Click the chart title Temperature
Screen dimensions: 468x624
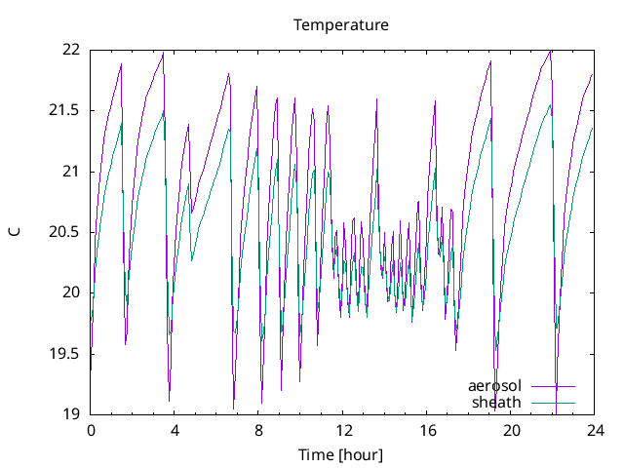pos(341,25)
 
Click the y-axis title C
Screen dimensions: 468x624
pos(15,231)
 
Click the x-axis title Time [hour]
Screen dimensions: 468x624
pos(341,454)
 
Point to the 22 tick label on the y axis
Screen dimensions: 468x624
pos(71,50)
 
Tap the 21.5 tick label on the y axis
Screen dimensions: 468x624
pos(65,110)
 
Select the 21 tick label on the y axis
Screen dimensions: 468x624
pos(71,172)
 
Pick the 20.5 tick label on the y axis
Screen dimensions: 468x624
pos(65,232)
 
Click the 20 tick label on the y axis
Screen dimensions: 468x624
pos(71,292)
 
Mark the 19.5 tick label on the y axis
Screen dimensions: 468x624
pos(65,353)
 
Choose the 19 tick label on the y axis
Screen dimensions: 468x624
pos(71,413)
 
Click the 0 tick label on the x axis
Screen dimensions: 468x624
pos(91,430)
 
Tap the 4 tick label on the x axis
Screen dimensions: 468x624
pos(175,430)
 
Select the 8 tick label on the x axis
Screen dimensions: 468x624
pos(259,430)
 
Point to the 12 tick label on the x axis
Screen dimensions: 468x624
pos(343,430)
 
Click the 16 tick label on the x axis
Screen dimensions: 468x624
pos(427,430)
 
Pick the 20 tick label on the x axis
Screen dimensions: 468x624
pos(511,430)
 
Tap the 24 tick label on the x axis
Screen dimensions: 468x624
pos(595,430)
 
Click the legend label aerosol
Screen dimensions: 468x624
pos(495,386)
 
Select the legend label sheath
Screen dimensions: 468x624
pos(497,402)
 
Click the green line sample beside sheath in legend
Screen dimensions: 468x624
pos(553,402)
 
